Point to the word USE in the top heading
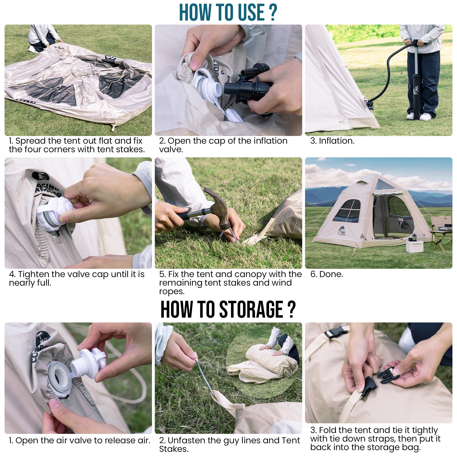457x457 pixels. tap(251, 12)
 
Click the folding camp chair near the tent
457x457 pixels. tap(441, 231)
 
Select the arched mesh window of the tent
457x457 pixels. tap(347, 211)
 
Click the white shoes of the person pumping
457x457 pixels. tap(419, 116)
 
